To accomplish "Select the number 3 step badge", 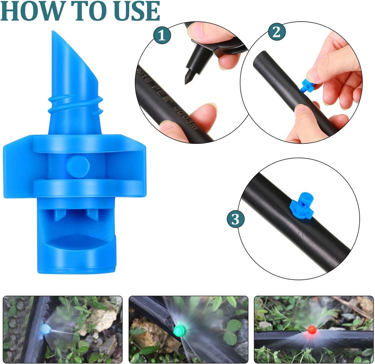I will point(235,219).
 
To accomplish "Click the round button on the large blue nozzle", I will point(78,166).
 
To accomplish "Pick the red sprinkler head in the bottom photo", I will point(312,329).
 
